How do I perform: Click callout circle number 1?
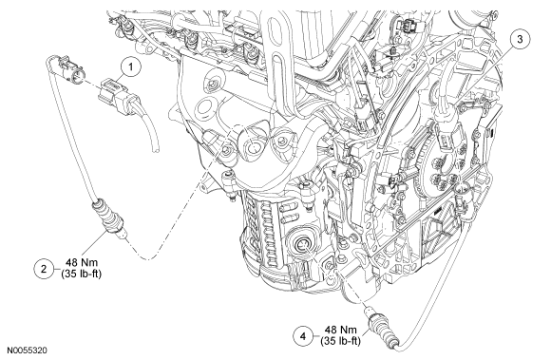click(x=131, y=66)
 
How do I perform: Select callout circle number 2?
click(x=44, y=269)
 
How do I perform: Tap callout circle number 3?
click(x=520, y=39)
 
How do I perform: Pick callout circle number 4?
click(x=303, y=336)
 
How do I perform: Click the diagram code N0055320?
click(x=28, y=351)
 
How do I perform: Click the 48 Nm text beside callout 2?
click(x=82, y=262)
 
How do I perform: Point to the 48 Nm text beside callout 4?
click(x=341, y=330)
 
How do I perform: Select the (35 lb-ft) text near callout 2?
click(x=81, y=274)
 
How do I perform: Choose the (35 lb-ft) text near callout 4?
click(x=340, y=341)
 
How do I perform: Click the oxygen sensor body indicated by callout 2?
click(x=109, y=218)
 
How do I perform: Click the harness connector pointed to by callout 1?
click(x=115, y=94)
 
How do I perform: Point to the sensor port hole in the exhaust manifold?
click(x=253, y=146)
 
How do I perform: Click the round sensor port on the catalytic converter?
click(x=302, y=245)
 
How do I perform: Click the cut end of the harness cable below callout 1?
click(x=156, y=150)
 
